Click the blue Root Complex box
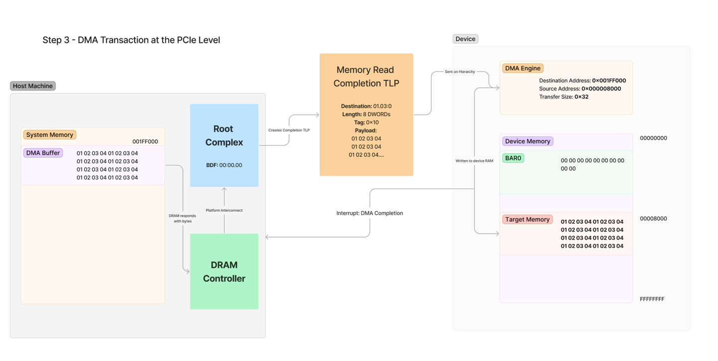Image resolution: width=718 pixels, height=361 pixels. click(224, 145)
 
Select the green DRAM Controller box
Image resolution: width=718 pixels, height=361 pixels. click(224, 272)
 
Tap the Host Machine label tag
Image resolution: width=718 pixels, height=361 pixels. click(33, 86)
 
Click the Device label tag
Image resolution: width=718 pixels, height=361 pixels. click(465, 39)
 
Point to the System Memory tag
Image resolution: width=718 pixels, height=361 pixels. click(49, 135)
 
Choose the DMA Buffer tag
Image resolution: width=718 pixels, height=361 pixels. click(43, 153)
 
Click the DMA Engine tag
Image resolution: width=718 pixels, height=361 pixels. click(523, 68)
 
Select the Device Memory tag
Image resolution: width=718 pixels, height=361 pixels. click(528, 141)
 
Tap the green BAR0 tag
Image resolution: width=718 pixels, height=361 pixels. click(513, 158)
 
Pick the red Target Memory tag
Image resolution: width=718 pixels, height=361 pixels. click(527, 219)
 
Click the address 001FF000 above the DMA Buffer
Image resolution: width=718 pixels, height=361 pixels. click(145, 142)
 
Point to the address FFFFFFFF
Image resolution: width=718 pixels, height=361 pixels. click(652, 299)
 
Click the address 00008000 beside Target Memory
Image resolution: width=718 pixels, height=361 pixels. click(653, 219)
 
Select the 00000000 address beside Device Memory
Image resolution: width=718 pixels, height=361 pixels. click(653, 138)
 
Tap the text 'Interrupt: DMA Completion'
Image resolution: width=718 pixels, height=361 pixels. click(369, 213)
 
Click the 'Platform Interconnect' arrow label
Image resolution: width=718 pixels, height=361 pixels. click(224, 211)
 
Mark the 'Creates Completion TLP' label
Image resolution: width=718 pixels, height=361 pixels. click(289, 130)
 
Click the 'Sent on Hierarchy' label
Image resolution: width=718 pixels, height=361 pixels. click(460, 72)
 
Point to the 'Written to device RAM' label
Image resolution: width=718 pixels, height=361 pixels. click(474, 161)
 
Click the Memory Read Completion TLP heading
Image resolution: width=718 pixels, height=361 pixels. click(366, 76)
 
